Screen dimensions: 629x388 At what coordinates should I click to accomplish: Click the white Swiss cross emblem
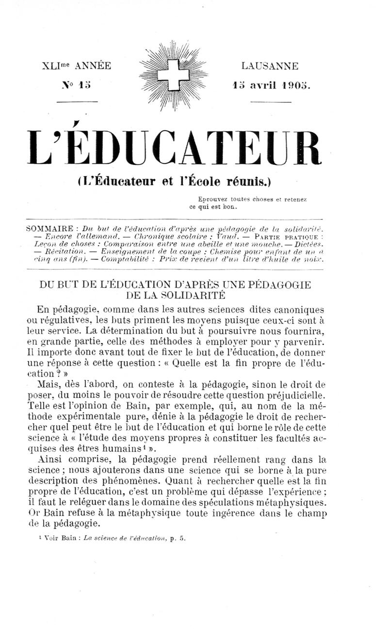(173, 75)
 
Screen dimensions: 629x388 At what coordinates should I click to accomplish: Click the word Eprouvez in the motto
(213, 199)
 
